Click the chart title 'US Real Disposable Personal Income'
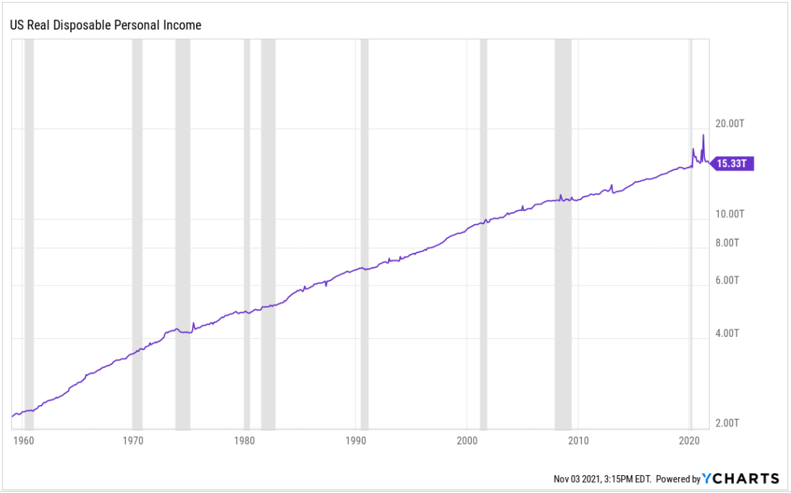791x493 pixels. tap(105, 25)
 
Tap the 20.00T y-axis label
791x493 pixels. tap(730, 124)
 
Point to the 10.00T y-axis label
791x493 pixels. tap(730, 214)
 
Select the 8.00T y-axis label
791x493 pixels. tap(728, 243)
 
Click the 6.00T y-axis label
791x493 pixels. tap(728, 281)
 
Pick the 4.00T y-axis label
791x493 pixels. tap(728, 333)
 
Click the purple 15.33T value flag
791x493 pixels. tap(733, 164)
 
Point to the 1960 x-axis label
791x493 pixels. tap(23, 440)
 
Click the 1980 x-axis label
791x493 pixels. tap(246, 440)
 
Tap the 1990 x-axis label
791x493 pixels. tap(356, 440)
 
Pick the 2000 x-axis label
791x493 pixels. tap(467, 440)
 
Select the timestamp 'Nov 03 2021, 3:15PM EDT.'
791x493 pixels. tap(603, 479)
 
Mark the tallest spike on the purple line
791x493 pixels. tap(703, 135)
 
